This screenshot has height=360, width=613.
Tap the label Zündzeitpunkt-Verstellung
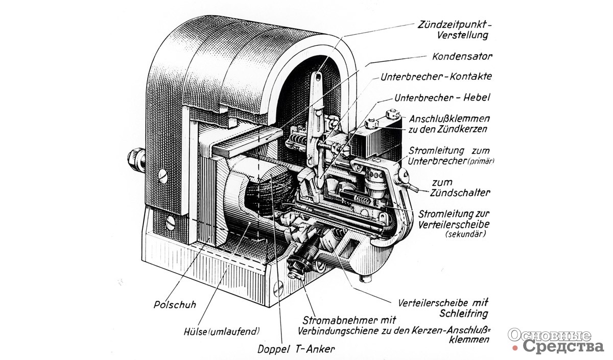pos(453,30)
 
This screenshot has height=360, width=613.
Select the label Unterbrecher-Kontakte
pos(436,77)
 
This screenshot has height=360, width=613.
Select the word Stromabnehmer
pos(334,320)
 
